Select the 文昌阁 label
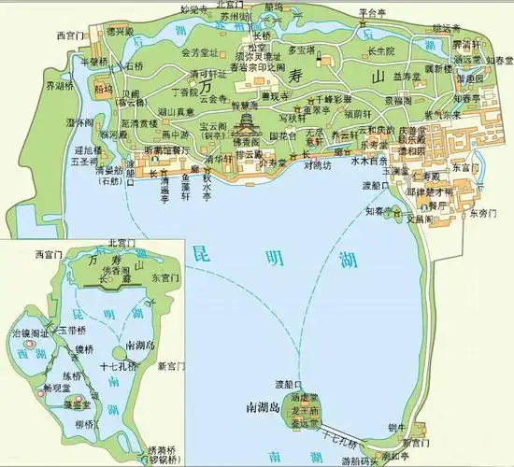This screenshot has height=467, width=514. pos(420,218)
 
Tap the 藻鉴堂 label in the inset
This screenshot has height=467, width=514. pos(78,404)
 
